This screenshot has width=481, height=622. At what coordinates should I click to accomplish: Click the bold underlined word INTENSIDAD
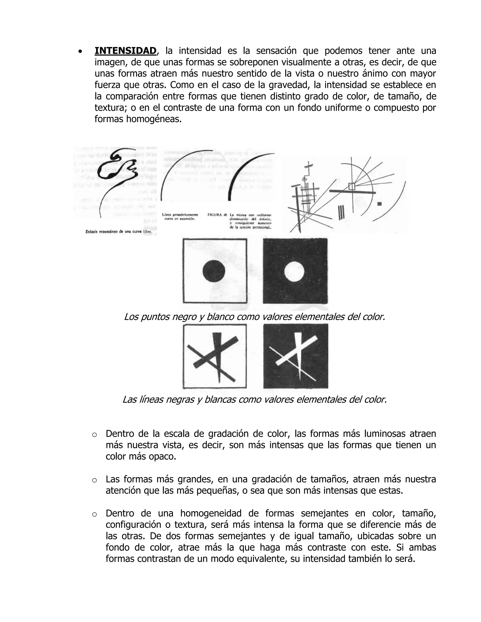(x=125, y=51)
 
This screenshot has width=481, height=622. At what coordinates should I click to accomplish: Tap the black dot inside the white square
(x=214, y=271)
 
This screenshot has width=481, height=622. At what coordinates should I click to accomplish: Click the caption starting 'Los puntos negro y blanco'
(x=254, y=317)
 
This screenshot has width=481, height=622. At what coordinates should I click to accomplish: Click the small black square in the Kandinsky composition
(x=379, y=204)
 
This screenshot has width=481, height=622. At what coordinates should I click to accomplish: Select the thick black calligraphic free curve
(x=117, y=168)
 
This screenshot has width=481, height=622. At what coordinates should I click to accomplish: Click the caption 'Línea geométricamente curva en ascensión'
(x=180, y=217)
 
